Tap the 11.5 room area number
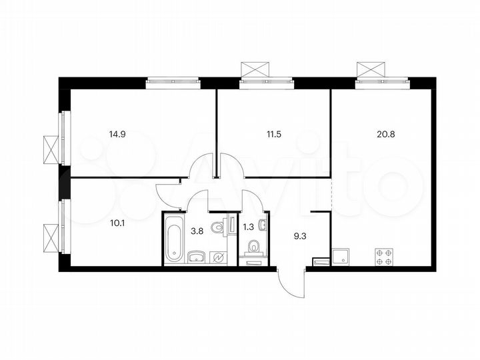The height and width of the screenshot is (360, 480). [274, 133]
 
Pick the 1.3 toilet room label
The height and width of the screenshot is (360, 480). [251, 226]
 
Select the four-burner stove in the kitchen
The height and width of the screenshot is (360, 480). [385, 257]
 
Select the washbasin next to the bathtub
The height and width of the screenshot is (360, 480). [195, 256]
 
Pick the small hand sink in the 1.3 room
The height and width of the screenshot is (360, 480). [263, 226]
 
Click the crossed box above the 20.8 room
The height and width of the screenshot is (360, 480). [371, 69]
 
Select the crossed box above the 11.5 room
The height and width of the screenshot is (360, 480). [256, 69]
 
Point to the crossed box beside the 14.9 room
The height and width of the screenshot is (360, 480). [51, 146]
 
